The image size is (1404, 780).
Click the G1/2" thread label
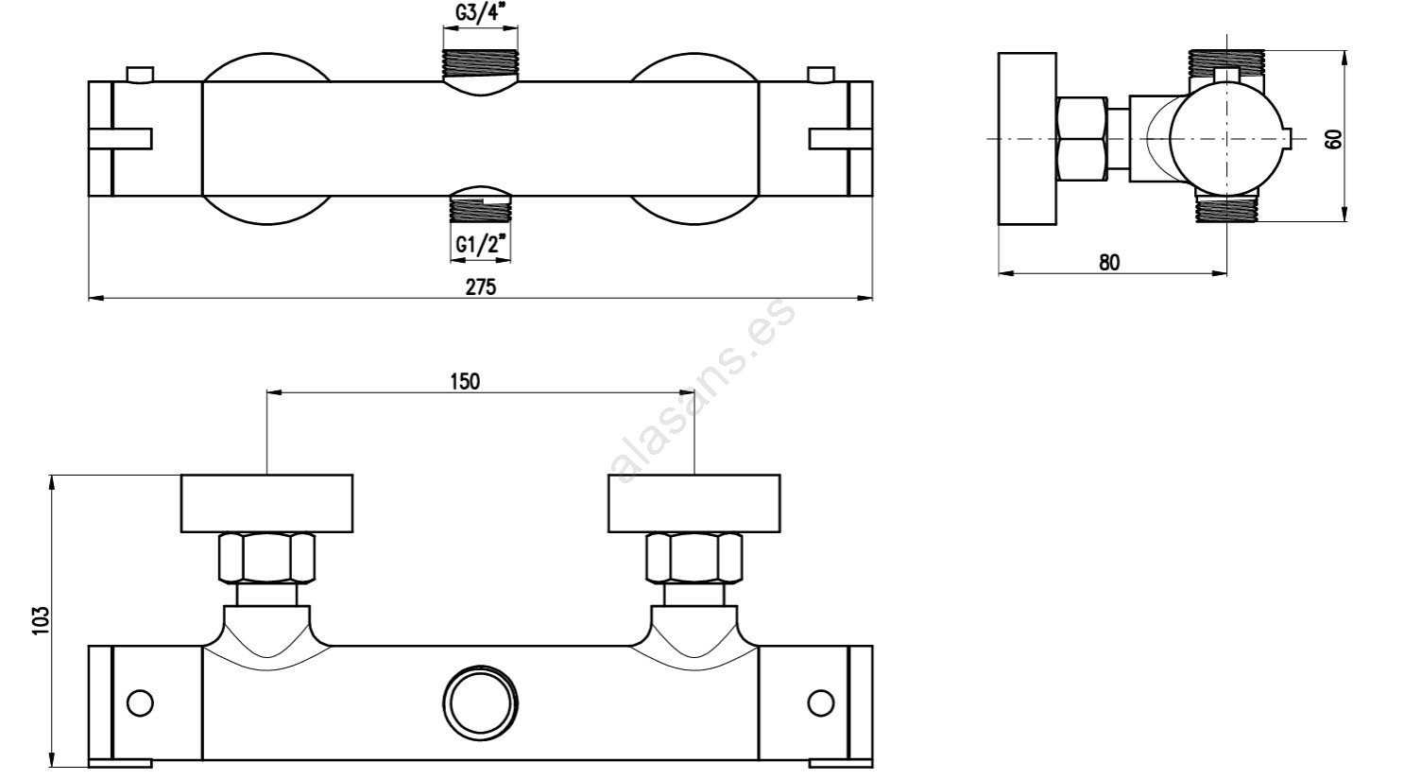click(481, 246)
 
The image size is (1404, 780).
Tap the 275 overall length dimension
click(480, 287)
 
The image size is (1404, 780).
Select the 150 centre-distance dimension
click(464, 381)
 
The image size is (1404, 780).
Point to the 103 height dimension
click(40, 621)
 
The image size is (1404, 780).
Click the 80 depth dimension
click(1109, 263)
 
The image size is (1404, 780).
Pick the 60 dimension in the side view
click(1333, 139)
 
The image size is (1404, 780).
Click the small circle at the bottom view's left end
click(140, 703)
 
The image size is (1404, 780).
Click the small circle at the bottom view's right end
click(821, 703)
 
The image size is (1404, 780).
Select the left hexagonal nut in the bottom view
click(266, 559)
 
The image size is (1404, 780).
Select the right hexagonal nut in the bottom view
click(693, 559)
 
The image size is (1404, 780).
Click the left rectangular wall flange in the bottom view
click(266, 503)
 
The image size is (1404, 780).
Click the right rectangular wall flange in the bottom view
click(693, 503)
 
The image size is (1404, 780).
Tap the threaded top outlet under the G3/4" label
click(480, 64)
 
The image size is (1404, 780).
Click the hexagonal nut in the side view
click(1082, 139)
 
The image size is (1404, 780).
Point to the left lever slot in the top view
click(120, 139)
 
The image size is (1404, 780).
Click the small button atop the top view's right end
click(821, 75)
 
